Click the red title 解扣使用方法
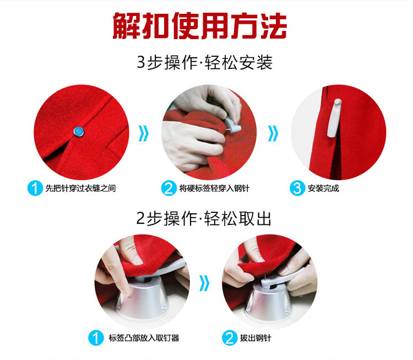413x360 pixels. click(x=200, y=26)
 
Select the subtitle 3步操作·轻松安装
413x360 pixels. click(x=205, y=63)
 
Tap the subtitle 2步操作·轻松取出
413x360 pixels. click(x=204, y=219)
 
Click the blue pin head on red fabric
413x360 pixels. click(x=78, y=131)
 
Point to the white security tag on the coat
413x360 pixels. click(x=334, y=118)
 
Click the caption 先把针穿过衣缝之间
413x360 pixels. click(x=80, y=189)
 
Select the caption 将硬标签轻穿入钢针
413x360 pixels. click(x=214, y=189)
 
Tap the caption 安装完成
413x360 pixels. click(x=323, y=189)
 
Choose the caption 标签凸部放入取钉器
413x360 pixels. click(x=144, y=338)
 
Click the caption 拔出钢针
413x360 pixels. click(x=256, y=338)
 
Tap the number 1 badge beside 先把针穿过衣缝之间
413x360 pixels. click(x=35, y=189)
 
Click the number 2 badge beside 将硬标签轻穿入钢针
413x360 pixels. click(x=169, y=189)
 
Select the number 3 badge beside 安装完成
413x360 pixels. click(x=297, y=189)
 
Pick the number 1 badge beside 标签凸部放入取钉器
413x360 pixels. click(x=96, y=338)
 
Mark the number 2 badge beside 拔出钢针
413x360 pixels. click(x=230, y=338)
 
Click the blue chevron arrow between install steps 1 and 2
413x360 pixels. click(x=144, y=133)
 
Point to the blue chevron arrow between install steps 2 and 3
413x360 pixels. click(x=273, y=133)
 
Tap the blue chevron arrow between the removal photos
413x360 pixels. click(x=204, y=283)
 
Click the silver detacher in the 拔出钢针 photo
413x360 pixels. click(x=268, y=300)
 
